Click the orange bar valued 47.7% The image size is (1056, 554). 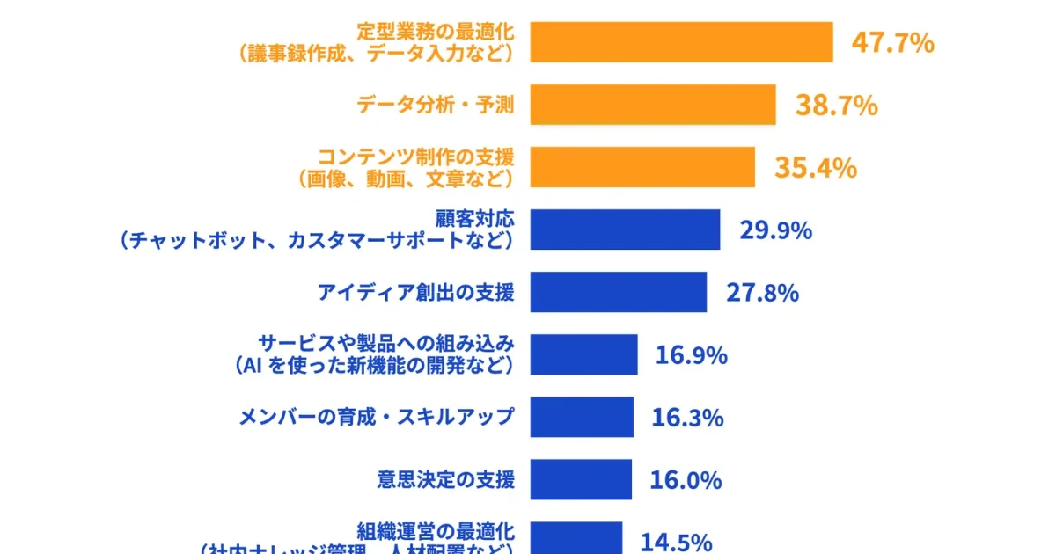tap(681, 42)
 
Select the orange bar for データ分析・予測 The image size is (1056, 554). tap(652, 105)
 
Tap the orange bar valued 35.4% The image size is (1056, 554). tap(642, 167)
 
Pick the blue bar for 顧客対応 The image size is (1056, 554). tap(625, 230)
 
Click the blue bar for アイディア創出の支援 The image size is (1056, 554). tap(618, 292)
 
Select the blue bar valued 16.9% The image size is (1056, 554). tap(583, 354)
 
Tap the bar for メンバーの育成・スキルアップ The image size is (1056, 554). tap(582, 417)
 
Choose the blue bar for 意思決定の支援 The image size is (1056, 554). tap(581, 479)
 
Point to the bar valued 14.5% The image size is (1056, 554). tap(576, 538)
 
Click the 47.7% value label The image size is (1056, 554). tap(892, 42)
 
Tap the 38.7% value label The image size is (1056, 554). tap(836, 106)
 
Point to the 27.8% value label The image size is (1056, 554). tap(762, 293)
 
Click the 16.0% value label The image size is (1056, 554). tap(686, 480)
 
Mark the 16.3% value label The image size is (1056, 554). tap(687, 418)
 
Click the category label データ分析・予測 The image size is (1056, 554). tap(435, 106)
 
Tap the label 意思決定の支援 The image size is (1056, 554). tap(445, 479)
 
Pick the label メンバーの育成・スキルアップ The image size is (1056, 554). tap(376, 417)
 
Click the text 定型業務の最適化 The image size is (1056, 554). tap(435, 32)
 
